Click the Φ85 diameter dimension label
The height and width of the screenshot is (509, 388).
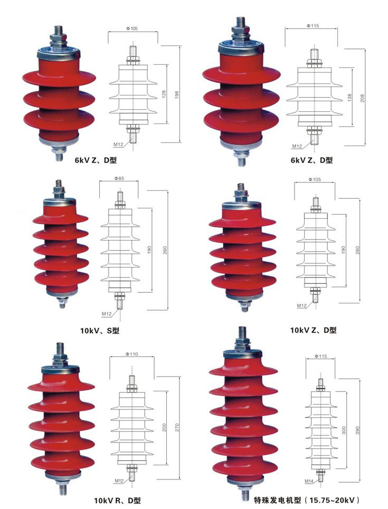[119, 178]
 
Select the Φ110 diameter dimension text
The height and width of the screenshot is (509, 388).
[131, 354]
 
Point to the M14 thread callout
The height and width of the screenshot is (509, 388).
[309, 482]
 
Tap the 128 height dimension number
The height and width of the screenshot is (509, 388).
[164, 94]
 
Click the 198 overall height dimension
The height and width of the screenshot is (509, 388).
[177, 94]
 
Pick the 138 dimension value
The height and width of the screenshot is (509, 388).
[349, 97]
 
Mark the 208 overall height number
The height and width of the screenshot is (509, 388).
[362, 98]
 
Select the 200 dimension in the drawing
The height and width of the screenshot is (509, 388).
[164, 427]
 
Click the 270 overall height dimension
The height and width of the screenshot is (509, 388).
[177, 427]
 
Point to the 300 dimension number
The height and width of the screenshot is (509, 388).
[344, 430]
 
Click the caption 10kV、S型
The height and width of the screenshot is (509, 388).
[100, 331]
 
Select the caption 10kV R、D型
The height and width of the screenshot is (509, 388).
[117, 500]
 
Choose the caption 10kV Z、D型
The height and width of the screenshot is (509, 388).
[313, 330]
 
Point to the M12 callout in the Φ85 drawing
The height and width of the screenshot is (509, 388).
[107, 314]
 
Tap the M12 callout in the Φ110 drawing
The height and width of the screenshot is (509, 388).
[119, 481]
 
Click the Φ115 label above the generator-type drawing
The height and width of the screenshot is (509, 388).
[321, 356]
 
